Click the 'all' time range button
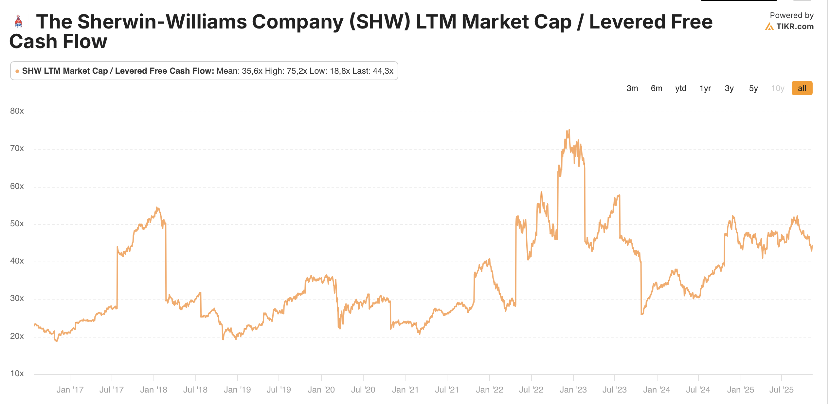coord(802,88)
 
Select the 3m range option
coord(632,88)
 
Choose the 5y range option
coord(753,88)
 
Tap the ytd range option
coord(680,88)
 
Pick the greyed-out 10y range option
coord(777,88)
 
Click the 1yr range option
coord(705,88)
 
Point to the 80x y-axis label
coord(17,111)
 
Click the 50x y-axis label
coord(17,224)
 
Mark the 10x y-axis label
coord(17,374)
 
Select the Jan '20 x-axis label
coord(321,390)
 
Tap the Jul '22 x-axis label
coord(531,390)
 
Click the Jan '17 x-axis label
coord(70,390)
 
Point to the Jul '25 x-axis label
coord(781,390)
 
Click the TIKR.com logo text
coord(795,27)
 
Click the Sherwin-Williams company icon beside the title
coord(18,22)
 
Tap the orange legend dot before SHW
coord(17,71)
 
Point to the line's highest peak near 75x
coord(569,130)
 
